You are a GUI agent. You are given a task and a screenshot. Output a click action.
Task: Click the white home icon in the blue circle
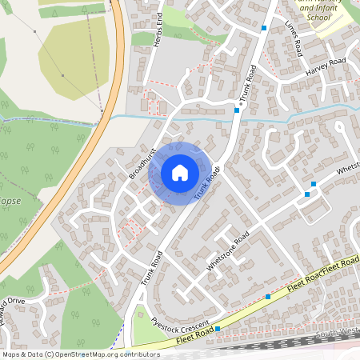pyautogui.click(x=179, y=172)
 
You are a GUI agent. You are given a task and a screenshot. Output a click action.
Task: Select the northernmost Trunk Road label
pyautogui.click(x=251, y=86)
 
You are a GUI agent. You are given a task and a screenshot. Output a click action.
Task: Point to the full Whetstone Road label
pyautogui.click(x=229, y=252)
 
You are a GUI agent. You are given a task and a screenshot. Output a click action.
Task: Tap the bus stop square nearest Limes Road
pyautogui.click(x=263, y=29)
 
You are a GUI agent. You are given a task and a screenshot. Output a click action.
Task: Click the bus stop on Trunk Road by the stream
pyautogui.click(x=237, y=111)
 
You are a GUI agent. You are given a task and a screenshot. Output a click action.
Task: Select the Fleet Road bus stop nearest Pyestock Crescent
pyautogui.click(x=217, y=338)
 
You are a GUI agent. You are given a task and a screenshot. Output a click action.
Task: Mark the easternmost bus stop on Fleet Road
pyautogui.click(x=267, y=297)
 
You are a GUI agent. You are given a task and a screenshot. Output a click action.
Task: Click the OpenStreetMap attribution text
pyautogui.click(x=70, y=354)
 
